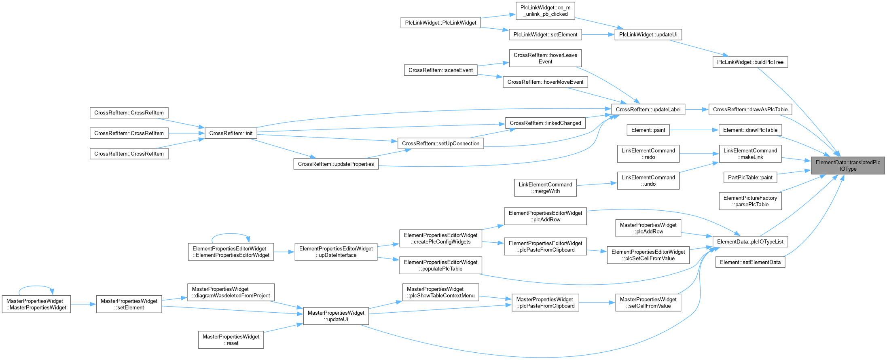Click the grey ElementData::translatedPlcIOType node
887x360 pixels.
point(848,165)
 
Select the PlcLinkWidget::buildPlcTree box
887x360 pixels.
point(750,62)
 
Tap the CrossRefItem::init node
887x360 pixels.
point(231,133)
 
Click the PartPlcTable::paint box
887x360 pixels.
point(750,177)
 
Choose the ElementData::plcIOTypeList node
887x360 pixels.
point(750,241)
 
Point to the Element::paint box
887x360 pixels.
point(648,130)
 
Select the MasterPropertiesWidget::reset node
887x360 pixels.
point(231,340)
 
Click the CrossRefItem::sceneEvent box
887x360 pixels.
point(441,70)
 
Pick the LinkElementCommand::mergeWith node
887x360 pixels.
point(546,188)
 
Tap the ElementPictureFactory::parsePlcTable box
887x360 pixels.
point(750,201)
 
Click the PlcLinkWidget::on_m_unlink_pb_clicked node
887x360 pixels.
point(546,11)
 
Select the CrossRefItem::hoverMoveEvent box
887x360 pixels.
point(546,82)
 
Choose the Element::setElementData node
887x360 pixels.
point(750,262)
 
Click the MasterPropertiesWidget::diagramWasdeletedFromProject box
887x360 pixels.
point(231,292)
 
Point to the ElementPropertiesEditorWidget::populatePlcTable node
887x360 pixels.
point(441,265)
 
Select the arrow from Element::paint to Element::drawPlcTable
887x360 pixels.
point(694,130)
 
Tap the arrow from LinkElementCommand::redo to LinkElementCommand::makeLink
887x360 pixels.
point(699,154)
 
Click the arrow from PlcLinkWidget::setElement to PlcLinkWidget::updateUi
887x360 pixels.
point(598,34)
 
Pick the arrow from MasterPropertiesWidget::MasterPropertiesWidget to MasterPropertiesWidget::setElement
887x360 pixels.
point(84,304)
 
